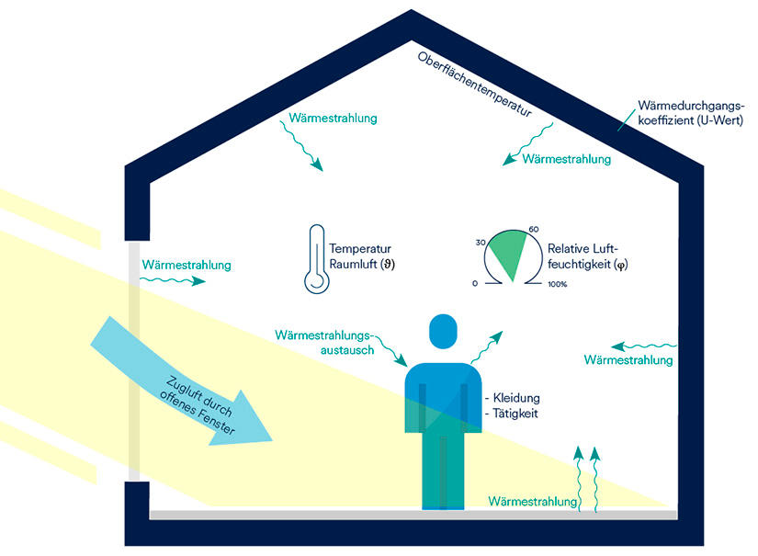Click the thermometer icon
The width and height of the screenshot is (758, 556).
point(317,259)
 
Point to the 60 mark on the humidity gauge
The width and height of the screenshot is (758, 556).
point(533,229)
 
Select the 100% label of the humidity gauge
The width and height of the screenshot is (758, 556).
point(557,284)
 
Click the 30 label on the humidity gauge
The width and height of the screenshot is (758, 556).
point(481,243)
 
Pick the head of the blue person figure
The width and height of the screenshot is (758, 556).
point(443,331)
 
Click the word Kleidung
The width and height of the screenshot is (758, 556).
point(516,398)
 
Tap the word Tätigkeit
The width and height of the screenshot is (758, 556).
point(515,414)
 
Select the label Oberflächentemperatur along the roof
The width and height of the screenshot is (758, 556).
point(475,85)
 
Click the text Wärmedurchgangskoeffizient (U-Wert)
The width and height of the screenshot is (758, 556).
point(690,113)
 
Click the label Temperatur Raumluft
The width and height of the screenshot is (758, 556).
point(362,256)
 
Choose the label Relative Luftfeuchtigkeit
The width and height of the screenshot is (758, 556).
point(587,256)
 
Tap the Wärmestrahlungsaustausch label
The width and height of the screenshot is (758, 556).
point(324,342)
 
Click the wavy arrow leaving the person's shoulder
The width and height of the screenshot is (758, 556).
point(486,347)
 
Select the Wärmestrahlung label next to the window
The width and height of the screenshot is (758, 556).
point(187,265)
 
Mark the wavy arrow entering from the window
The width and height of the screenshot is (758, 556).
point(173,280)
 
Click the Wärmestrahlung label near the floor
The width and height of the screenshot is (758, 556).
point(533,502)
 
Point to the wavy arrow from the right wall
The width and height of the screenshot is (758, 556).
point(644,346)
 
